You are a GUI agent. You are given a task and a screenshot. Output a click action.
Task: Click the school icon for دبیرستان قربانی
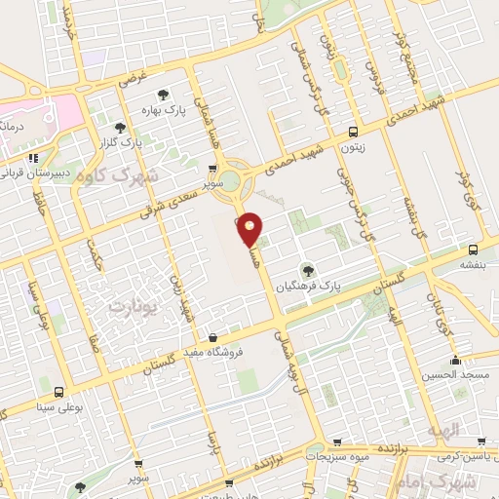tap(33, 157)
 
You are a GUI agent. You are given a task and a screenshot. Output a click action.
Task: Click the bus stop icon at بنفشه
tap(473, 249)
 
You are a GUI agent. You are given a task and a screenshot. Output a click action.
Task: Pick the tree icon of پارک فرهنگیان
tap(308, 270)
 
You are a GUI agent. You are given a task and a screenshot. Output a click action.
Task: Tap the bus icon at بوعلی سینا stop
tap(59, 392)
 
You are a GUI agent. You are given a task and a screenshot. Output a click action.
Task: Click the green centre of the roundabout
tap(230, 181)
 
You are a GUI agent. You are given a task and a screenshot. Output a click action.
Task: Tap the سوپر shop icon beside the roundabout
tap(213, 168)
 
